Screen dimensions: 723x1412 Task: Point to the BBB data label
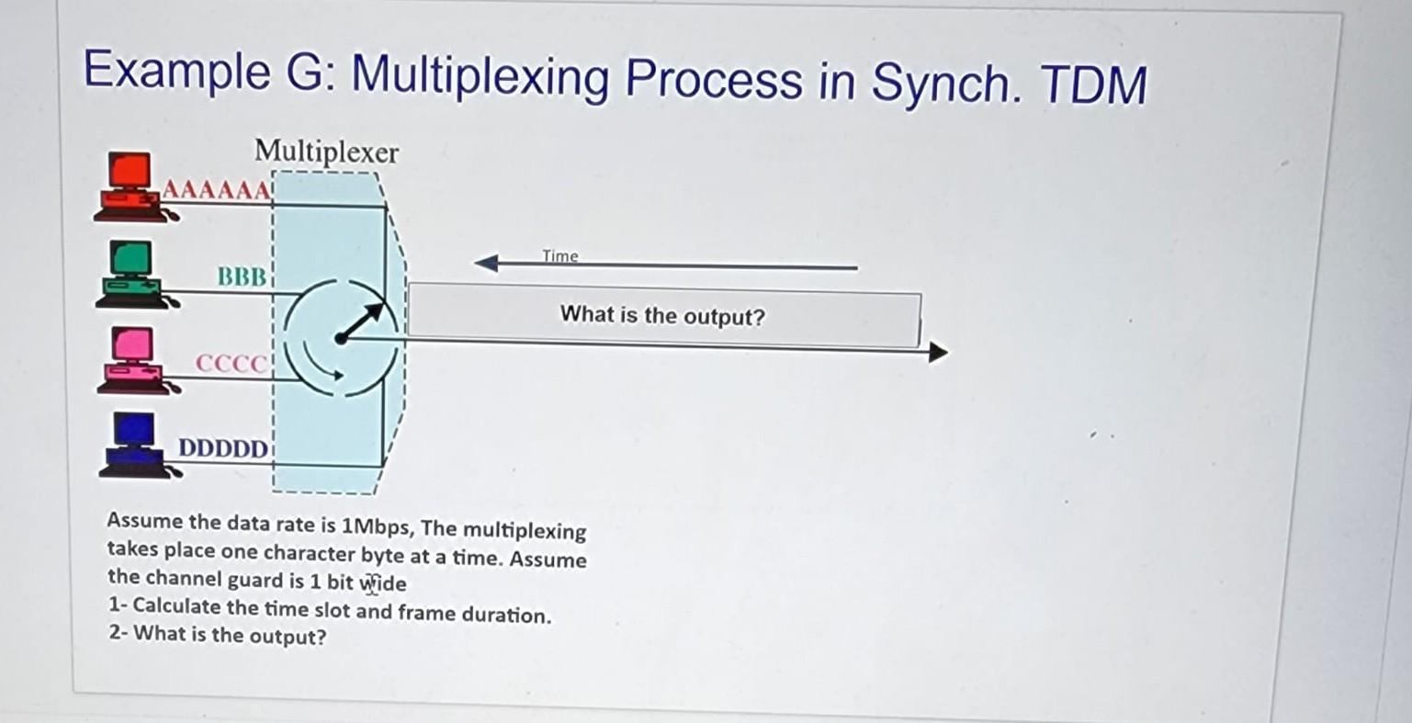coord(242,276)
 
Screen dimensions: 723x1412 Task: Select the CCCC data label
coord(231,364)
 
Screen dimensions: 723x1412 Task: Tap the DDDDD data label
coord(223,449)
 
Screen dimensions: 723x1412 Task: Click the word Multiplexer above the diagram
coord(326,152)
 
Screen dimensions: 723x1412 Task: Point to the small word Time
coord(559,255)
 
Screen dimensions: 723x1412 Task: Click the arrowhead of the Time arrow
coord(485,265)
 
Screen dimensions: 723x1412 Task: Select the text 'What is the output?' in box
coord(661,316)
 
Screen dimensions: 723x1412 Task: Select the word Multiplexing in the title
coord(479,77)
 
